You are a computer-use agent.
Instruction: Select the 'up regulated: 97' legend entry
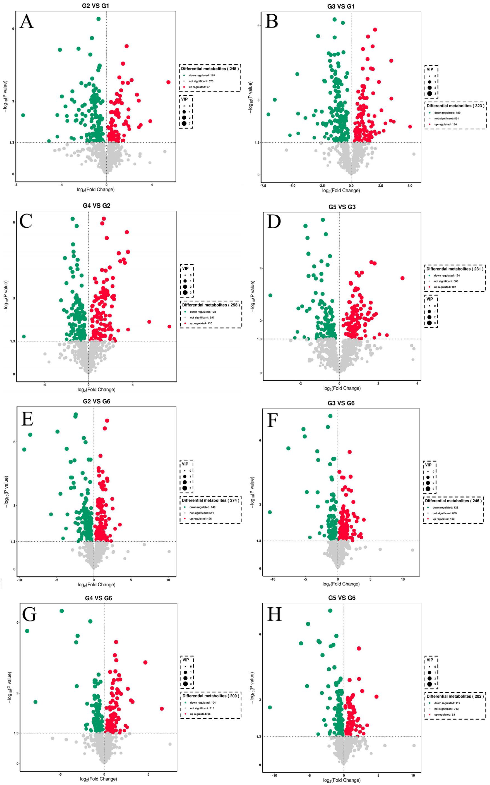(199, 87)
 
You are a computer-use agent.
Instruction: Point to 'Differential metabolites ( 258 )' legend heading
(211, 305)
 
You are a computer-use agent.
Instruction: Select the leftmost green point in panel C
(24, 336)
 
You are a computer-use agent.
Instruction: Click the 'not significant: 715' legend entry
(202, 708)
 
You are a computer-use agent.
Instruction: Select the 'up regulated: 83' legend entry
(445, 714)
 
